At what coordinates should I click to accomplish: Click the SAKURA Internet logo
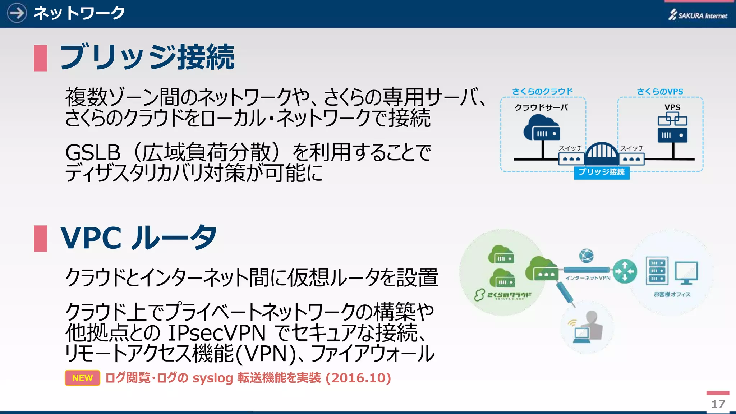point(698,15)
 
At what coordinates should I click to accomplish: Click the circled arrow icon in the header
point(17,13)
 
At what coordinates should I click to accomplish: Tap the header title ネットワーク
point(79,13)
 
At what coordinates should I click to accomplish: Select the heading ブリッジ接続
point(147,57)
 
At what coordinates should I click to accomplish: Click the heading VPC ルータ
point(138,238)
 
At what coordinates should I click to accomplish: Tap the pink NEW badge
point(82,378)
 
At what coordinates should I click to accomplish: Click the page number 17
point(718,404)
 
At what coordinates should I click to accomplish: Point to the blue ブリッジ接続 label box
point(601,172)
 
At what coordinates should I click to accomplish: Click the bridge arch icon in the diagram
point(601,153)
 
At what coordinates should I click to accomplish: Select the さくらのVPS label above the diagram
point(660,92)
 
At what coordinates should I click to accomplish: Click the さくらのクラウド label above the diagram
point(542,92)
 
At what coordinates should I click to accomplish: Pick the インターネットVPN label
point(588,278)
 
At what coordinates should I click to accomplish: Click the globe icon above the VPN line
point(586,256)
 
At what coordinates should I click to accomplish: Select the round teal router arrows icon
point(625,271)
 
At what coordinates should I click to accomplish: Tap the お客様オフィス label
point(672,294)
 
